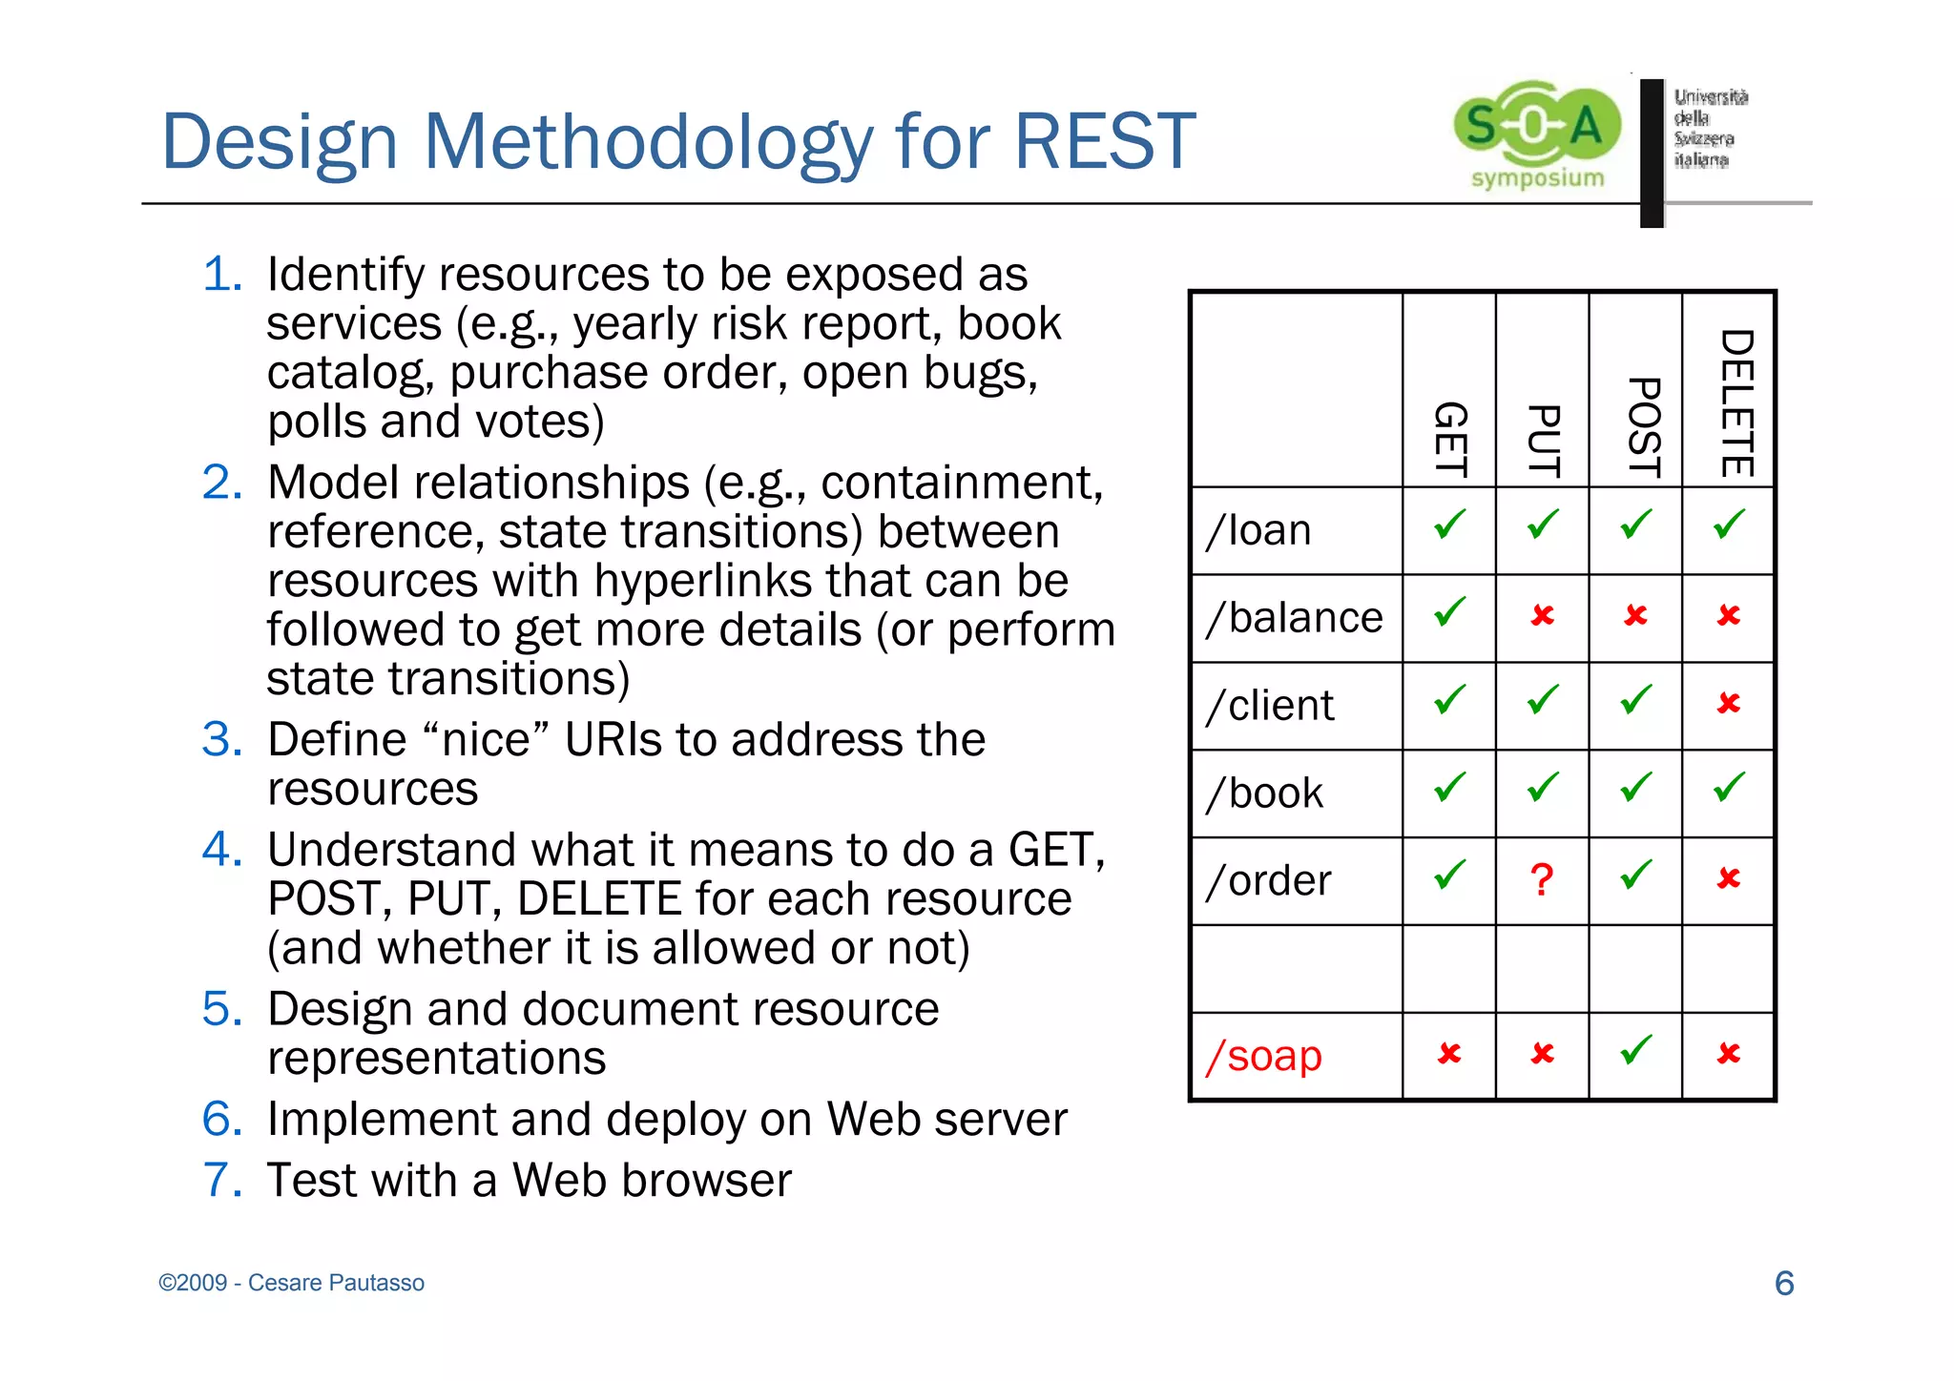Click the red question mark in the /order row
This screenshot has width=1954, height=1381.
[x=1541, y=879]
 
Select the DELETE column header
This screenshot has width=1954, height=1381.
[x=1736, y=402]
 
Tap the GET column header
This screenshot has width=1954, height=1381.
[x=1449, y=439]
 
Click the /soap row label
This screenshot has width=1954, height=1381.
[x=1264, y=1056]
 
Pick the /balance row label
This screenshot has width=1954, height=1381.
[x=1294, y=617]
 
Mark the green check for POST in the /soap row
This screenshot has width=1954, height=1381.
[x=1635, y=1050]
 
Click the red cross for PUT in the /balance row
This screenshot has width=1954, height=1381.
[x=1542, y=615]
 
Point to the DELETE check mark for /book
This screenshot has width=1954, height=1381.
[x=1728, y=788]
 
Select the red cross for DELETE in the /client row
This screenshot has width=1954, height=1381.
[x=1728, y=703]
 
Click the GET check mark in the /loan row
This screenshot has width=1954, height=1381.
[x=1449, y=525]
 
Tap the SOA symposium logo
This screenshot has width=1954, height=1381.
[x=1536, y=134]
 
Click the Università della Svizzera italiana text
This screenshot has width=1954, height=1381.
[x=1710, y=128]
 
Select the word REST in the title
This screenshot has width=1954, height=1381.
[x=1104, y=141]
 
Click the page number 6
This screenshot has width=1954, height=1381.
[x=1783, y=1283]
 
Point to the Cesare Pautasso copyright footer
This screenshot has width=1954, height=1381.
[x=291, y=1283]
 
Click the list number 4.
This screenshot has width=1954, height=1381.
[x=222, y=849]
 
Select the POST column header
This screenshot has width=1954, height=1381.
[x=1643, y=427]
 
